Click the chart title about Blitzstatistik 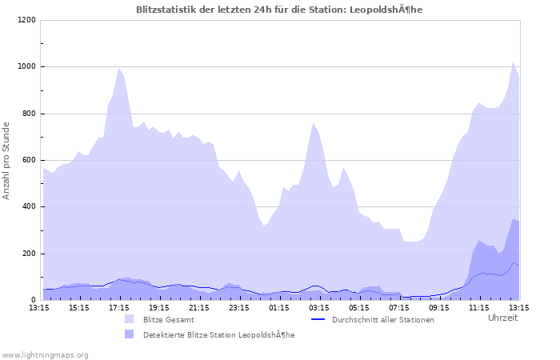pyautogui.click(x=279, y=9)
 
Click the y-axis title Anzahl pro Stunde pyautogui.click(x=7, y=160)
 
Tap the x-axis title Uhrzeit pyautogui.click(x=502, y=318)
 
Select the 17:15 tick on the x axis pyautogui.click(x=119, y=307)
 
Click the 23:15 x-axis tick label pyautogui.click(x=239, y=307)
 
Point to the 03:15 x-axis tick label pyautogui.click(x=319, y=307)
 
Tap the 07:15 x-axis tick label pyautogui.click(x=399, y=307)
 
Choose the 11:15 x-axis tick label pyautogui.click(x=479, y=307)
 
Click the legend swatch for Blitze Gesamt pyautogui.click(x=130, y=319)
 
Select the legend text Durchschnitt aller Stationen pyautogui.click(x=382, y=320)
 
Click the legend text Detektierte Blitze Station pyautogui.click(x=218, y=335)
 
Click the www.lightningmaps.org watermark pyautogui.click(x=45, y=354)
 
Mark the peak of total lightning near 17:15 pyautogui.click(x=119, y=68)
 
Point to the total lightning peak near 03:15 pyautogui.click(x=314, y=123)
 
